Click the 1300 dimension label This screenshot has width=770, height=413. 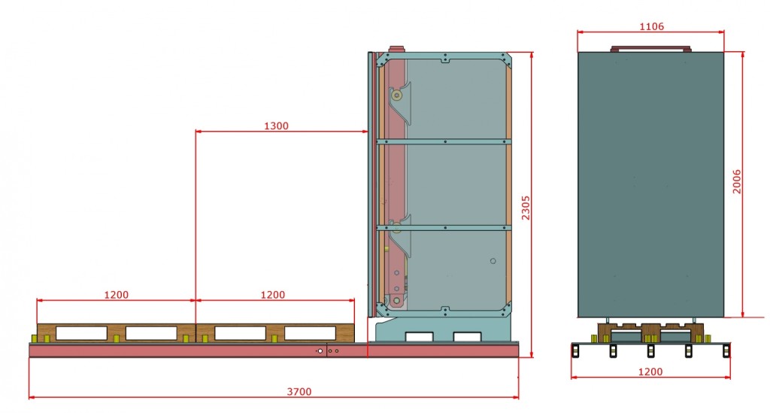click(276, 126)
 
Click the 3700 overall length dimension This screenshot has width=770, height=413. click(299, 391)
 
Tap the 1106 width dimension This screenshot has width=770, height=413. click(650, 26)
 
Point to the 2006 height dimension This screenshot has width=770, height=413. click(738, 181)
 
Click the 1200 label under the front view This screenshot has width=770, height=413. click(650, 372)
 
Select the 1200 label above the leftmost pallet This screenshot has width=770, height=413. click(116, 295)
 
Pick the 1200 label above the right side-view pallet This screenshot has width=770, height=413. click(272, 295)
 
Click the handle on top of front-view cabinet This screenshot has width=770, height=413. click(650, 49)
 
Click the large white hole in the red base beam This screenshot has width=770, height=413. click(320, 351)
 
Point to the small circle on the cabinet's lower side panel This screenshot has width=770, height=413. click(493, 261)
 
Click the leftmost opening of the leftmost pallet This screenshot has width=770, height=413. click(82, 333)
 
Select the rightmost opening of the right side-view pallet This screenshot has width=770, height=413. click(310, 333)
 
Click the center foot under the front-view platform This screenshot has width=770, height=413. click(650, 351)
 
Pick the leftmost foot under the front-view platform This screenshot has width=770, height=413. click(575, 351)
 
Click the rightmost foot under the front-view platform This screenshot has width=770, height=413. click(726, 351)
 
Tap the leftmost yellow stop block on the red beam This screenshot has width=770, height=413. click(32, 338)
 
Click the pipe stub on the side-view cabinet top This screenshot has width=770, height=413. click(396, 47)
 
